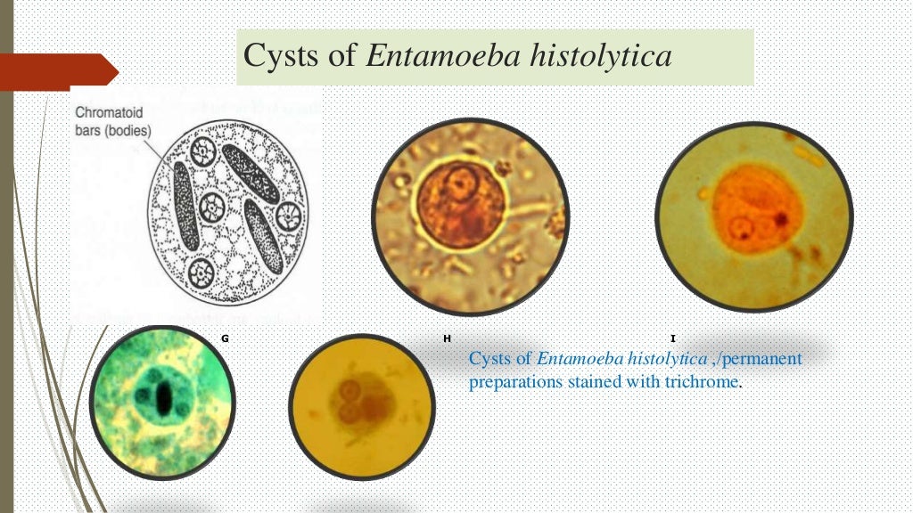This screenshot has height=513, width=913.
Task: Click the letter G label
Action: [224, 339]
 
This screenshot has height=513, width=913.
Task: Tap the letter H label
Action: [447, 339]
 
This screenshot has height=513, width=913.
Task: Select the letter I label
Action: [672, 339]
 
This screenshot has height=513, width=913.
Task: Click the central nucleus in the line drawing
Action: [213, 208]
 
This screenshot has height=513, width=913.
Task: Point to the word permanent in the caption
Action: [759, 359]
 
